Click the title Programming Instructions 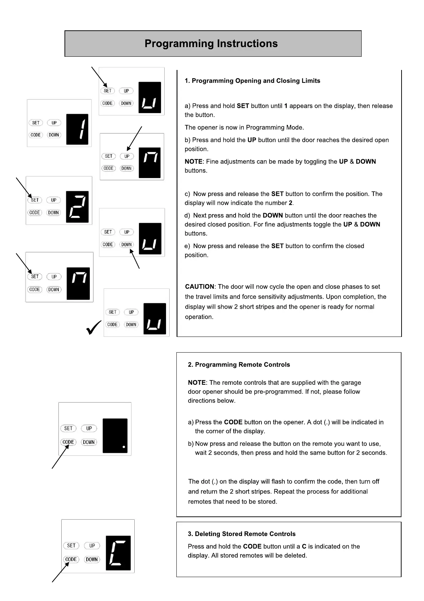[211, 44]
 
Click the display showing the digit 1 [77, 129]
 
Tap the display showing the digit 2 [77, 207]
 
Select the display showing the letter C [118, 553]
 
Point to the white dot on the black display [124, 447]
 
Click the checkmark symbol [94, 328]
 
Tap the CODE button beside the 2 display [35, 213]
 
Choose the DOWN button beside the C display [92, 560]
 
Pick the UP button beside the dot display [89, 428]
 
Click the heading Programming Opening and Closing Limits [252, 81]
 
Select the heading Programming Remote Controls [239, 365]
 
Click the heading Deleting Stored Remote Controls [242, 534]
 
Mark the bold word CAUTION [200, 287]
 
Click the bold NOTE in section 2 [197, 383]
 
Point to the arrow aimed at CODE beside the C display [60, 572]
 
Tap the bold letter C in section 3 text [304, 546]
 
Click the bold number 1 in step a [286, 106]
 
